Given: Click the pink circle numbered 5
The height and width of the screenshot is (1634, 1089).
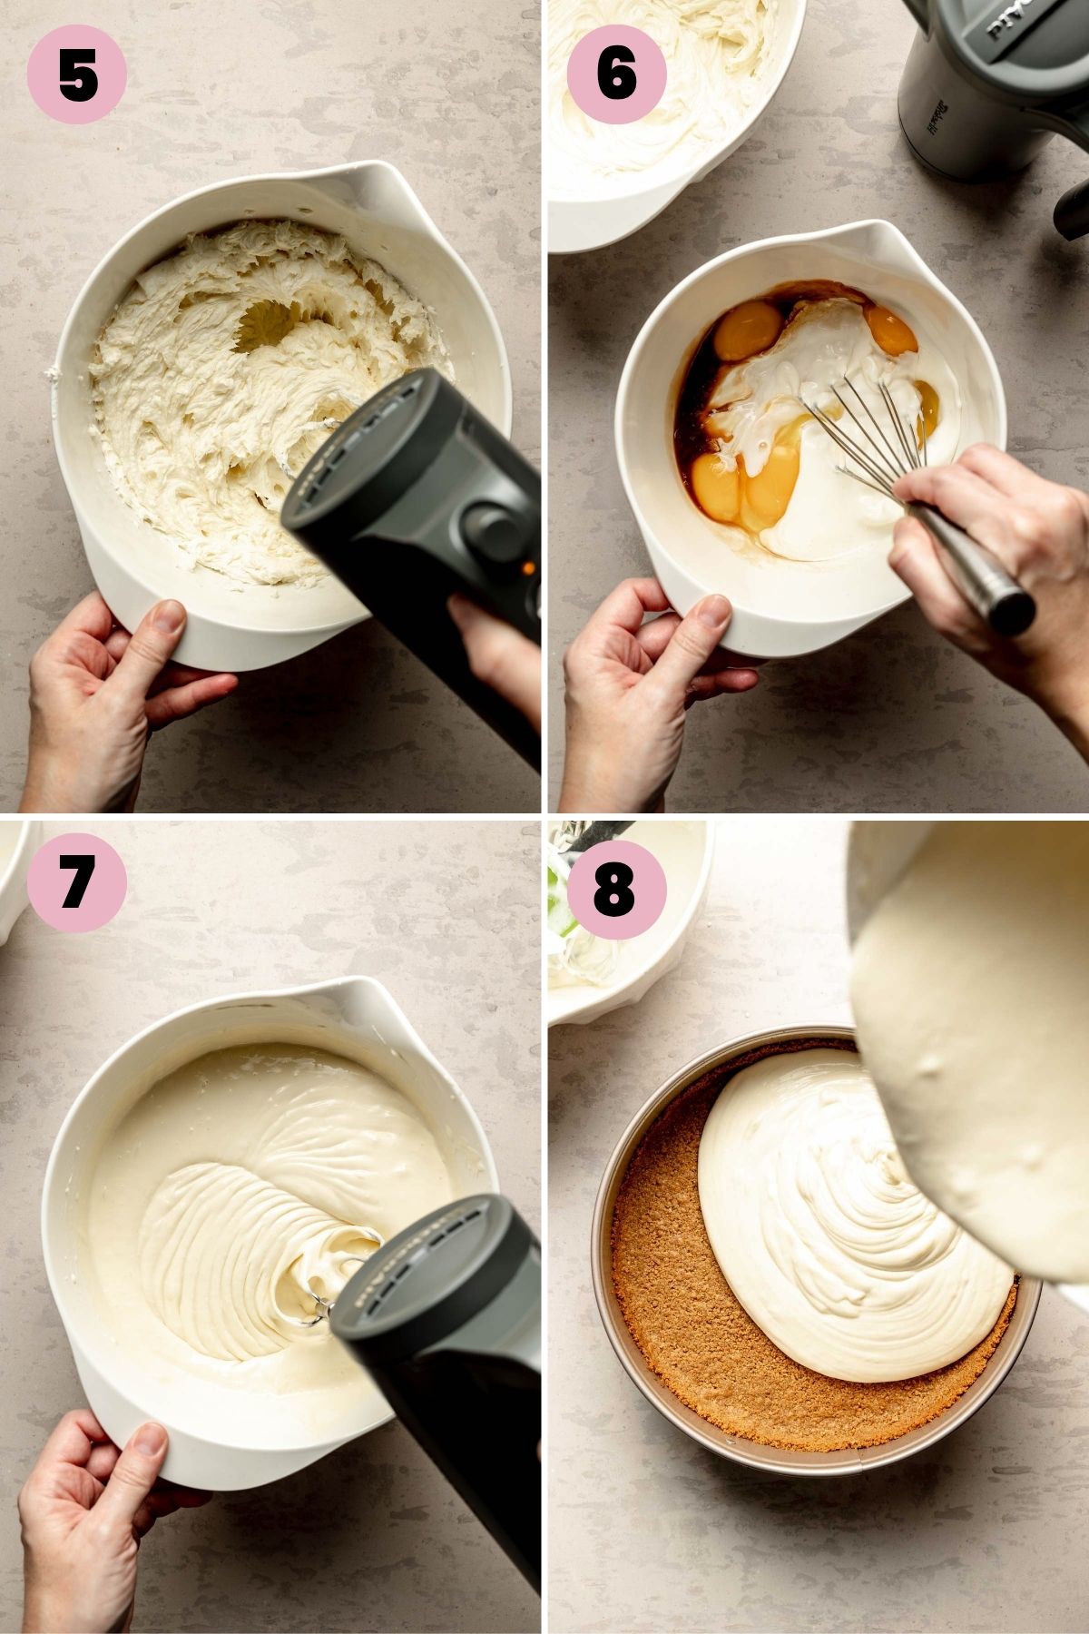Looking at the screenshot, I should pyautogui.click(x=77, y=74).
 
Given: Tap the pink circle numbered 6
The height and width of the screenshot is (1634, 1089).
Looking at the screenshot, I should pyautogui.click(x=617, y=74).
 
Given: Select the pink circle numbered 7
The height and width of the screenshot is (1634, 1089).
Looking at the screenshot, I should pyautogui.click(x=77, y=882).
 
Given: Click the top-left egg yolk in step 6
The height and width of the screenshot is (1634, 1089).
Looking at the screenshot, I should pyautogui.click(x=748, y=330).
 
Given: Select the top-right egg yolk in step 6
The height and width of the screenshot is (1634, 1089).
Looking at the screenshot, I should pyautogui.click(x=891, y=330).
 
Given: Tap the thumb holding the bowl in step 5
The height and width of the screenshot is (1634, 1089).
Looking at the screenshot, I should pyautogui.click(x=163, y=635).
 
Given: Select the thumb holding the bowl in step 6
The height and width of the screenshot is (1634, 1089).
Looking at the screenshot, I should pyautogui.click(x=699, y=626).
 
